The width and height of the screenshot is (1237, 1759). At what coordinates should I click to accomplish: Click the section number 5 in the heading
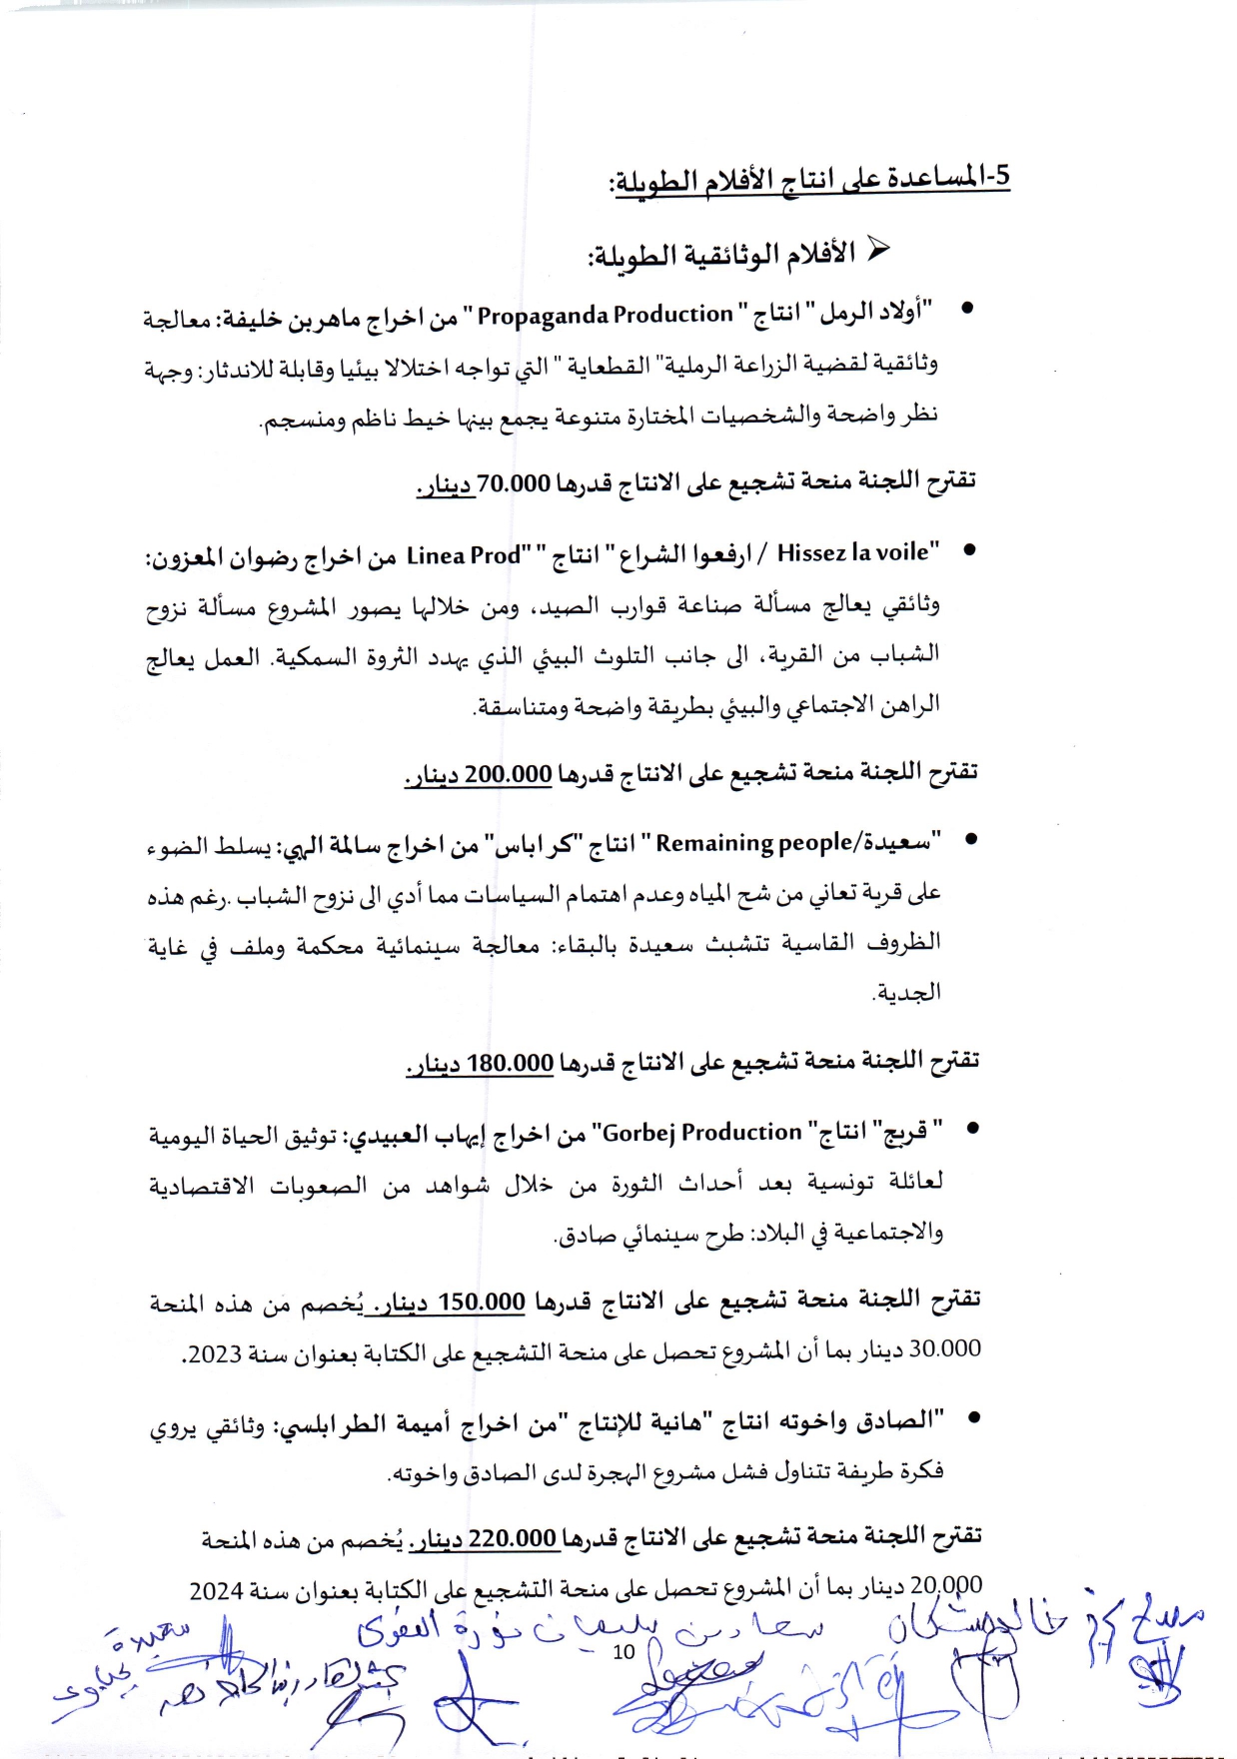click(x=1002, y=176)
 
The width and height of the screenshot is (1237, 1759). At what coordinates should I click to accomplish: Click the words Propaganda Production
click(x=605, y=315)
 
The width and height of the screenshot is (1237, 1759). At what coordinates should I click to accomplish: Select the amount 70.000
click(x=514, y=484)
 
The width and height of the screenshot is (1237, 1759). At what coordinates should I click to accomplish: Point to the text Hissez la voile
click(x=858, y=551)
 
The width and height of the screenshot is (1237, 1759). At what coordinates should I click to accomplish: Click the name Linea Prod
click(x=464, y=555)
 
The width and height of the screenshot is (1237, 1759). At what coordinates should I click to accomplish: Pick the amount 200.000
click(x=509, y=774)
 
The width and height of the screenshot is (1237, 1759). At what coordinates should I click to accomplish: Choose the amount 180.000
click(x=510, y=1063)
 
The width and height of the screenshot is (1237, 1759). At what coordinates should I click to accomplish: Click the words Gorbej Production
click(x=701, y=1133)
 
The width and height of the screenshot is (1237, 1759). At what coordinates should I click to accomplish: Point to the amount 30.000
click(x=945, y=1348)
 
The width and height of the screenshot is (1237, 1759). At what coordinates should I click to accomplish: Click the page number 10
click(x=623, y=1652)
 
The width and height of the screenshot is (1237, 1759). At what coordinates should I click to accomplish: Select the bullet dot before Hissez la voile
click(x=967, y=550)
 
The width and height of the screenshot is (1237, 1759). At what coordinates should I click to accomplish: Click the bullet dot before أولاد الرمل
click(x=966, y=309)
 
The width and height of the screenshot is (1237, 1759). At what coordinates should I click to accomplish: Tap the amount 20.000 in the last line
click(x=946, y=1585)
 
